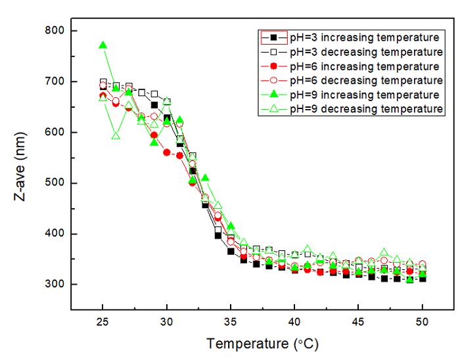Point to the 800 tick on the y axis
pyautogui.click(x=52, y=31)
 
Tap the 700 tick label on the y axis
pyautogui.click(x=52, y=81)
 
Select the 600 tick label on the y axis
pyautogui.click(x=52, y=132)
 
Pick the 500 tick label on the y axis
pyautogui.click(x=52, y=183)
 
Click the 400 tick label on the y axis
pyautogui.click(x=52, y=234)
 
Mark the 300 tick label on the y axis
pyautogui.click(x=52, y=284)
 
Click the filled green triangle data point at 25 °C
pyautogui.click(x=103, y=45)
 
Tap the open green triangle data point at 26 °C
pyautogui.click(x=116, y=135)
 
